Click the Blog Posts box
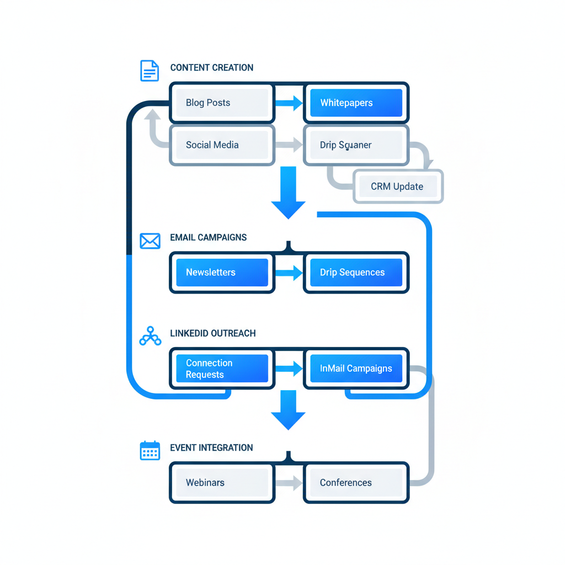222,103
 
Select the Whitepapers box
356,103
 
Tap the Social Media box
222,145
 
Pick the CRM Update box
397,186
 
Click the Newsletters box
222,273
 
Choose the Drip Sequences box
356,273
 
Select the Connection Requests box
222,369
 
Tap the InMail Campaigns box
356,369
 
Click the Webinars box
222,483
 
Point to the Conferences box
356,483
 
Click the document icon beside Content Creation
149,71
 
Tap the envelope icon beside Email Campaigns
150,241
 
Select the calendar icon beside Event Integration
150,451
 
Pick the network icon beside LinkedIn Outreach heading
150,336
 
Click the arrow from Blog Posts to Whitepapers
289,103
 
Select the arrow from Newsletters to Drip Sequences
289,273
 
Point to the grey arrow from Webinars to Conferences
289,483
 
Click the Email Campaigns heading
208,238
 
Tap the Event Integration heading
211,447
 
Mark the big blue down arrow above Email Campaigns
288,193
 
